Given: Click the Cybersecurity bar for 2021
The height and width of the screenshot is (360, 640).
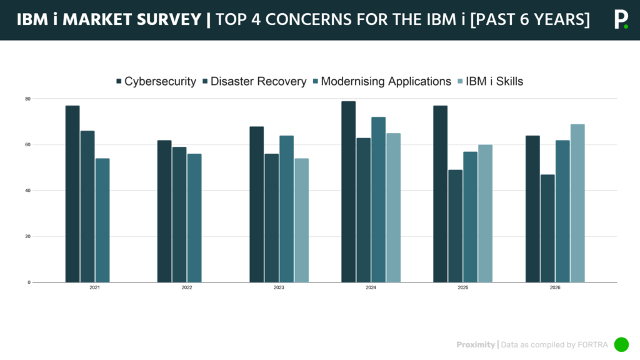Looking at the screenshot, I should tap(72, 194).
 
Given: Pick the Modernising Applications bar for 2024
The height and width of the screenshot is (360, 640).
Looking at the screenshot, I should tap(378, 199).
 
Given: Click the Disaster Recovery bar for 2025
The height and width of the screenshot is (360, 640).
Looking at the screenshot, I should tap(456, 226).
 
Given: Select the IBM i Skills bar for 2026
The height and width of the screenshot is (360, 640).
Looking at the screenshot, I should tap(577, 203).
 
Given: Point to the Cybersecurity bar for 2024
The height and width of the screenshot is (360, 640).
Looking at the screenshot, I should tap(348, 191).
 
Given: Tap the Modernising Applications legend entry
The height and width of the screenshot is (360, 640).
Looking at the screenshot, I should tap(385, 81).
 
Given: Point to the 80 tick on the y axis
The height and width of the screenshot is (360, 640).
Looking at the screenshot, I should tap(28, 99).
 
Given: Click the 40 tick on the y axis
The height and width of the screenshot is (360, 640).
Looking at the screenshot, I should tap(28, 191).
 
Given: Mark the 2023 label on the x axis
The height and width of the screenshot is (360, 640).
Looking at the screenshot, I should tap(279, 288).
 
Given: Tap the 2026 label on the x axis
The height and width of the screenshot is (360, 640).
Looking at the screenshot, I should tap(555, 288).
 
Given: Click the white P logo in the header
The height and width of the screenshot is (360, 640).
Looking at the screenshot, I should tap(620, 20).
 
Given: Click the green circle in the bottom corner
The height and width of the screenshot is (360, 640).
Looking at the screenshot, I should tap(621, 344).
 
